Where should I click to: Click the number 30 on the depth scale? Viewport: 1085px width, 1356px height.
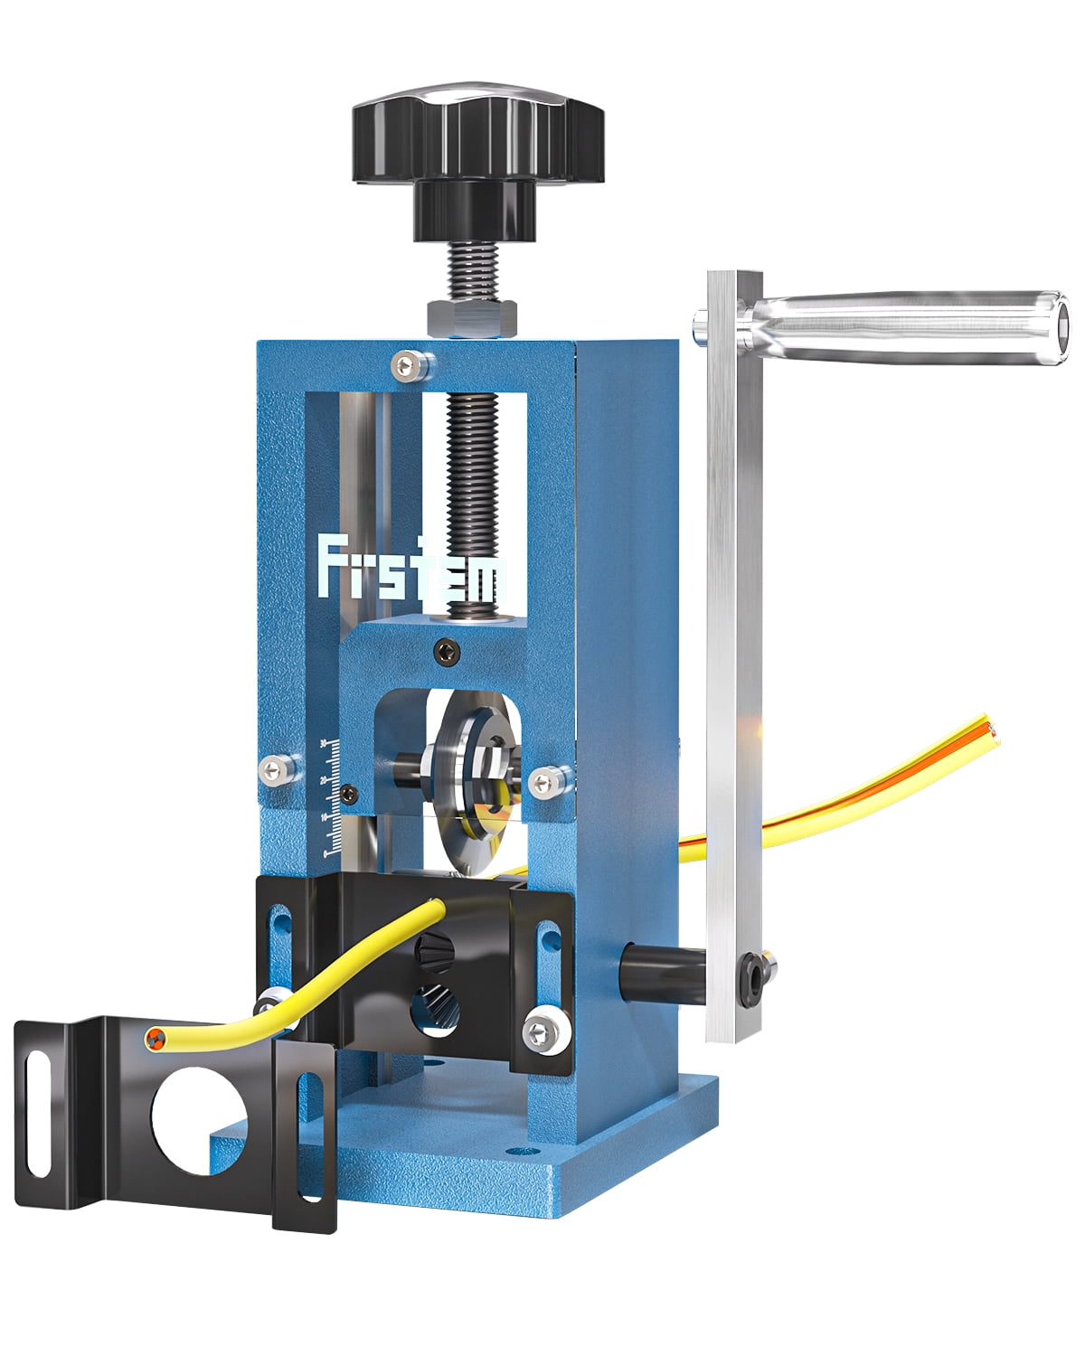[x=324, y=743]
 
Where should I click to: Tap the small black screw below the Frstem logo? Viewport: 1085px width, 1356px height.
[x=444, y=647]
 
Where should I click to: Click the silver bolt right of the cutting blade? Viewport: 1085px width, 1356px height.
[x=546, y=778]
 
